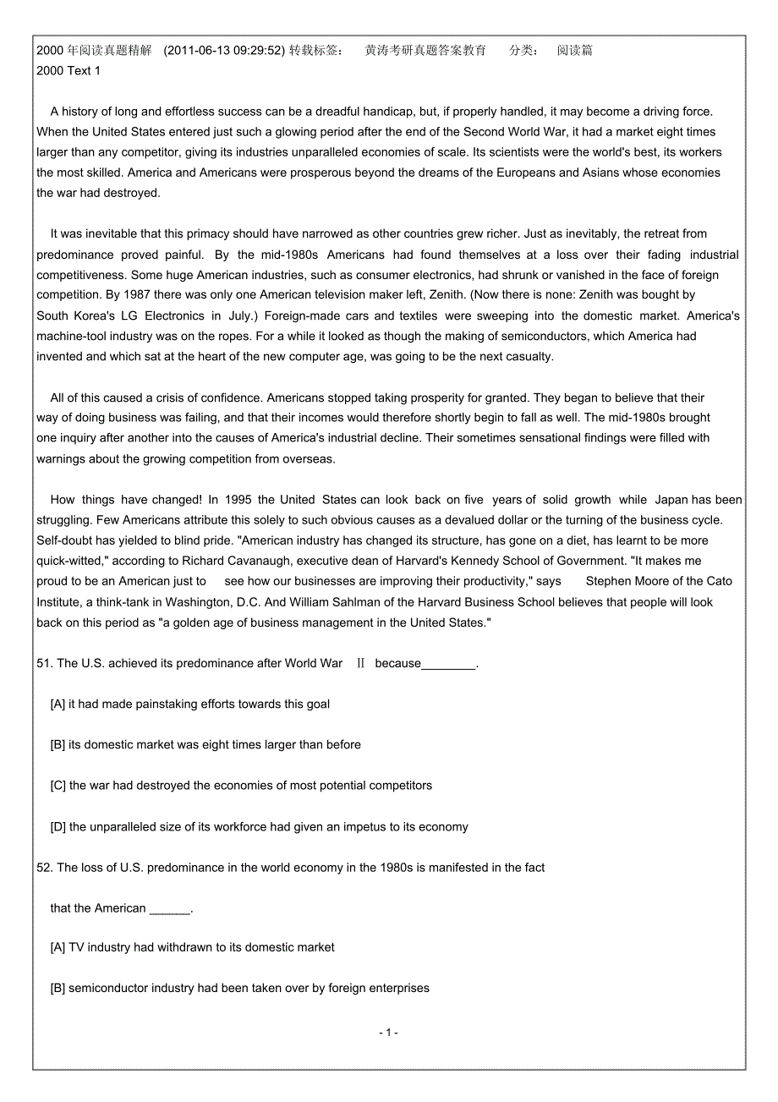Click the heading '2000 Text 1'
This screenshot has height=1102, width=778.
tap(68, 71)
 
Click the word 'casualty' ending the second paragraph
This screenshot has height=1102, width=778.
tap(526, 356)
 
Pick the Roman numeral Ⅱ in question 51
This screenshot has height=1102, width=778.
tap(360, 664)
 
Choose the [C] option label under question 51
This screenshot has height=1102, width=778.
tap(58, 786)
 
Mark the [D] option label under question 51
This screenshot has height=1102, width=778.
tap(58, 827)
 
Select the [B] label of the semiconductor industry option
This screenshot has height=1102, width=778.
tap(58, 988)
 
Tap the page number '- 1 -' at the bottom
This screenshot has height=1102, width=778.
tap(389, 1033)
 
